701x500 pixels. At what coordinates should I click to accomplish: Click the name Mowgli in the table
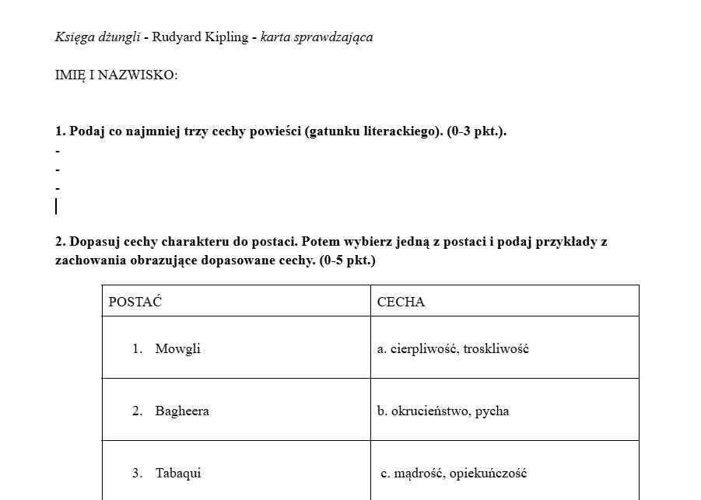pos(177,348)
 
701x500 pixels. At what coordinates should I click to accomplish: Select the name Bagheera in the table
pos(181,411)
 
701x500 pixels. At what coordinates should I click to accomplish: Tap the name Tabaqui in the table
pos(177,473)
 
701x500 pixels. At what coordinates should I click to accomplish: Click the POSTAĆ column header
pos(135,302)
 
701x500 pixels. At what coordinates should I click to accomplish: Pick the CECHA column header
pos(401,302)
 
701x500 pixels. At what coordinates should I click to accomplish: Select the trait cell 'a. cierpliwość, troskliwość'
pos(453,348)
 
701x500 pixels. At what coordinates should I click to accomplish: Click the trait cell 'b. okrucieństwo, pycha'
pos(443,411)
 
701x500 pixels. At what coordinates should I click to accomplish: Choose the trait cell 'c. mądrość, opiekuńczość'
pos(454,473)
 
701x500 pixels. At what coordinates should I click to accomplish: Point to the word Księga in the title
pos(74,37)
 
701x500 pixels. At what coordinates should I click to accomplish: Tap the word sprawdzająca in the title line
pos(333,37)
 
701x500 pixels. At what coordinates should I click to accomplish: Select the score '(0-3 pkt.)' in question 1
pos(476,131)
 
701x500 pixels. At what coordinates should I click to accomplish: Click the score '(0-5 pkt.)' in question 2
pos(347,260)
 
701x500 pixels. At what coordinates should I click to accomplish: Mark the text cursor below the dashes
pos(56,206)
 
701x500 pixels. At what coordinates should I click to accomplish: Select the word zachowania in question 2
pos(88,260)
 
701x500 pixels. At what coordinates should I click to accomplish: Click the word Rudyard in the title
pos(176,37)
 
